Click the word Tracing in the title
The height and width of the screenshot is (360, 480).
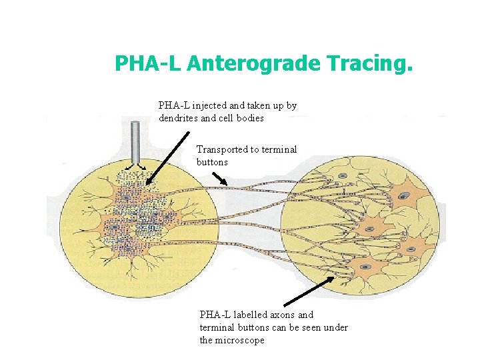(x=371, y=64)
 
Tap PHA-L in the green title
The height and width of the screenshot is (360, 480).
(x=149, y=64)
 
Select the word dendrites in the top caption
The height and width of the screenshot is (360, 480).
(x=178, y=118)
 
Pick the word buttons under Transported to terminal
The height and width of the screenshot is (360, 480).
(x=212, y=162)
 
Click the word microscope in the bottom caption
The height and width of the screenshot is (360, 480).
(x=241, y=340)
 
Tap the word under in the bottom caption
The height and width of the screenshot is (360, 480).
(x=337, y=327)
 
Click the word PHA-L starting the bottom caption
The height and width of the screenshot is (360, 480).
(x=213, y=315)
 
